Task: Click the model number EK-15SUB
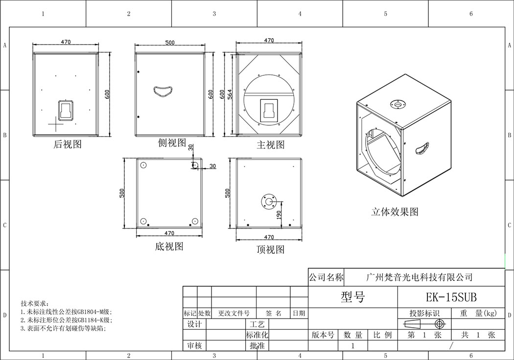pyautogui.click(x=451, y=297)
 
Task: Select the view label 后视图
pyautogui.click(x=67, y=144)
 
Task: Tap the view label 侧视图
pyautogui.click(x=172, y=142)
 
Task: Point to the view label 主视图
pyautogui.click(x=270, y=145)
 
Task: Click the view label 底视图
pyautogui.click(x=169, y=247)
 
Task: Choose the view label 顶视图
pyautogui.click(x=270, y=249)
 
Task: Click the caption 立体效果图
pyautogui.click(x=395, y=212)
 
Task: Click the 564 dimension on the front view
pyautogui.click(x=230, y=95)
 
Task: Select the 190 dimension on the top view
pyautogui.click(x=279, y=215)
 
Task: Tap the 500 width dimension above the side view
pyautogui.click(x=170, y=42)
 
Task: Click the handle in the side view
pyautogui.click(x=163, y=91)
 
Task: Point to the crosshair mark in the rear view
pyautogui.click(x=56, y=124)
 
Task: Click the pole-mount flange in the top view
pyautogui.click(x=269, y=201)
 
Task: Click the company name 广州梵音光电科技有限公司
pyautogui.click(x=419, y=277)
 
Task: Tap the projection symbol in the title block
pyautogui.click(x=425, y=324)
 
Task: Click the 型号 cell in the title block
pyautogui.click(x=353, y=297)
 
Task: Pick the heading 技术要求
pyautogui.click(x=34, y=303)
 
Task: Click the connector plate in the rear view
pyautogui.click(x=66, y=111)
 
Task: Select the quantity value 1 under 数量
pyautogui.click(x=353, y=346)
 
